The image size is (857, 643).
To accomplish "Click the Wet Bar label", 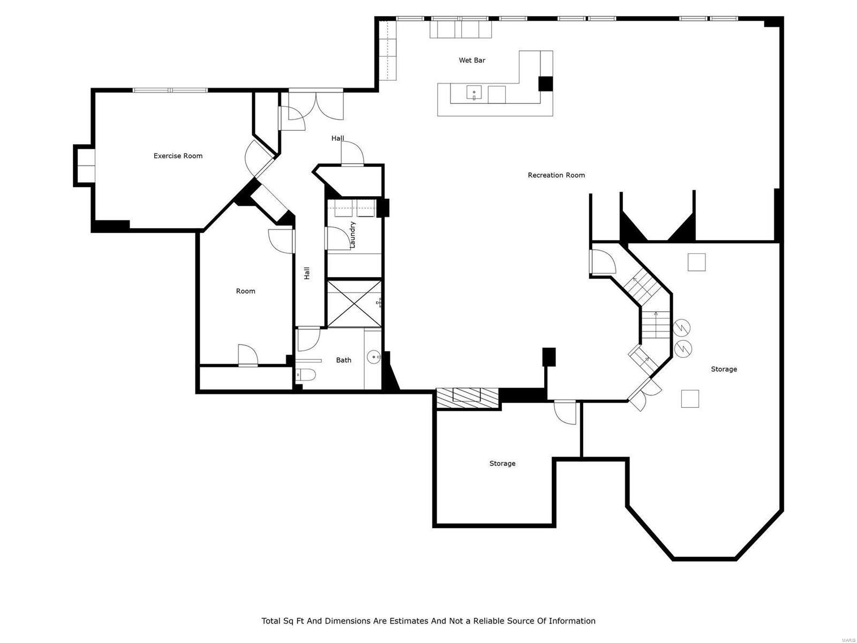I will (x=472, y=61).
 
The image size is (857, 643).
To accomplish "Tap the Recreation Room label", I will (x=556, y=175).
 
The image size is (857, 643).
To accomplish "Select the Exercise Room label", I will (x=178, y=156).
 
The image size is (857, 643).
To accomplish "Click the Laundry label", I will (x=352, y=235).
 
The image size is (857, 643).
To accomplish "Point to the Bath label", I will (x=343, y=360).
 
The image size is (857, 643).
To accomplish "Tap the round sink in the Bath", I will (x=373, y=356).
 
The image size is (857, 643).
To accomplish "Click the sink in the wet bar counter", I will (x=474, y=94).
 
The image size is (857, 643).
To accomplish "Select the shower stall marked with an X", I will (x=354, y=303).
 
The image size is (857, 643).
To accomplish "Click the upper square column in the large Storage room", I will (x=696, y=263).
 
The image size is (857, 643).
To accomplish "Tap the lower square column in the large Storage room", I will (x=690, y=399).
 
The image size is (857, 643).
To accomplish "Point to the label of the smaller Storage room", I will (x=502, y=463).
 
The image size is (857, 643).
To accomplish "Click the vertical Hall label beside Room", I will (x=307, y=273).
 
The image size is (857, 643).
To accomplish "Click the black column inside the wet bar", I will (x=545, y=84).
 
